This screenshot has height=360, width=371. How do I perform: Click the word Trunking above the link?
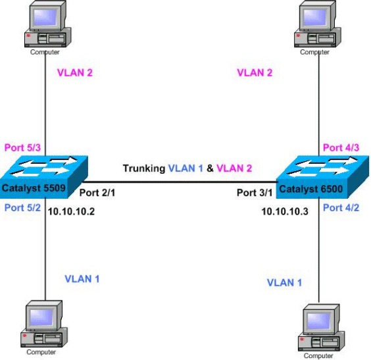click(x=143, y=168)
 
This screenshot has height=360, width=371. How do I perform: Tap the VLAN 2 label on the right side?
click(x=255, y=72)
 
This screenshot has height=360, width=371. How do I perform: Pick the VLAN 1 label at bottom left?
click(x=82, y=278)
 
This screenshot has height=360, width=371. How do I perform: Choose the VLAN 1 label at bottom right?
click(x=285, y=282)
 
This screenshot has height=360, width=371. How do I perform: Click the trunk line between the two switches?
click(x=181, y=182)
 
